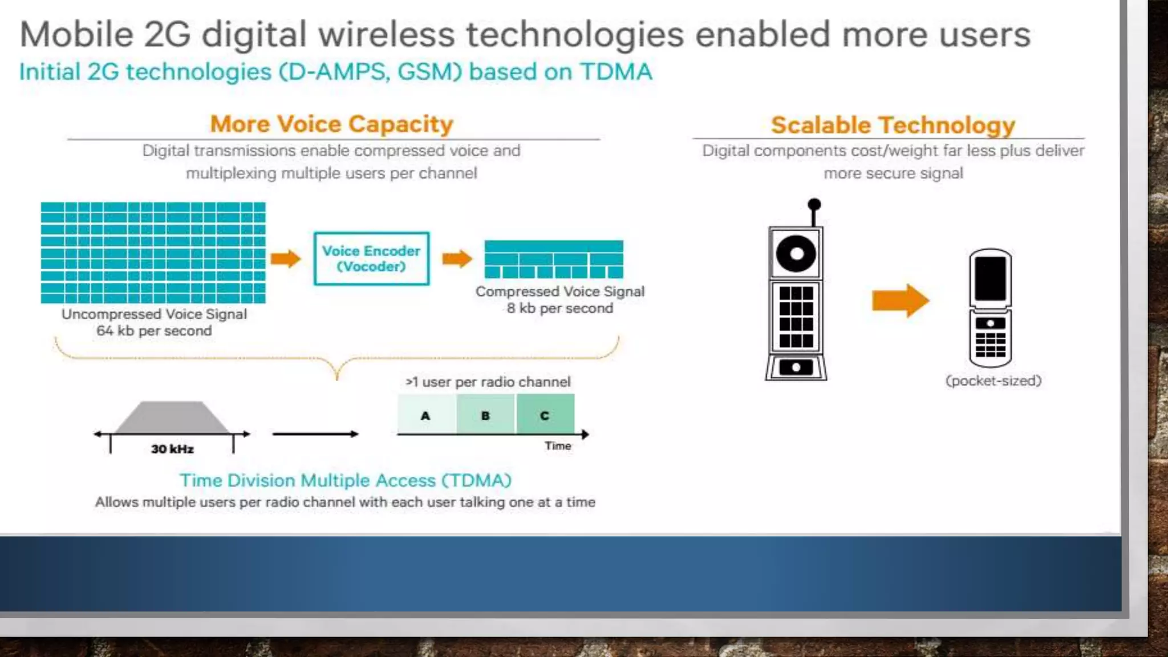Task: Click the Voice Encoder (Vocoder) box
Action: click(371, 258)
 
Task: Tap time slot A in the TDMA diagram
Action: click(426, 415)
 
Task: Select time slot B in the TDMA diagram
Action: click(486, 415)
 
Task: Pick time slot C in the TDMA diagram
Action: click(545, 415)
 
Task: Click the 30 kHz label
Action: click(172, 449)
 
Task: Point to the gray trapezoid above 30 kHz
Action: click(172, 418)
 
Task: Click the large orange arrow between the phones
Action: click(900, 300)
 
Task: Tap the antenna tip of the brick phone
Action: click(814, 204)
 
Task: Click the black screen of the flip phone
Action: click(991, 278)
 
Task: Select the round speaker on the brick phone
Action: click(796, 253)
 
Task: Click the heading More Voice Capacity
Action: click(331, 124)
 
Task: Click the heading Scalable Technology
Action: click(893, 125)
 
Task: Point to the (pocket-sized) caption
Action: click(993, 380)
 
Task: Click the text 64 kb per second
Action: click(154, 331)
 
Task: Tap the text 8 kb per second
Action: click(560, 308)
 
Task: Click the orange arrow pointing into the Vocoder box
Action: click(286, 258)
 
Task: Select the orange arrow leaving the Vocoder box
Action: click(457, 258)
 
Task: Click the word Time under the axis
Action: click(558, 446)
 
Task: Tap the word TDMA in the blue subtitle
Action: click(616, 72)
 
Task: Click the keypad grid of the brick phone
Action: click(796, 317)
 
